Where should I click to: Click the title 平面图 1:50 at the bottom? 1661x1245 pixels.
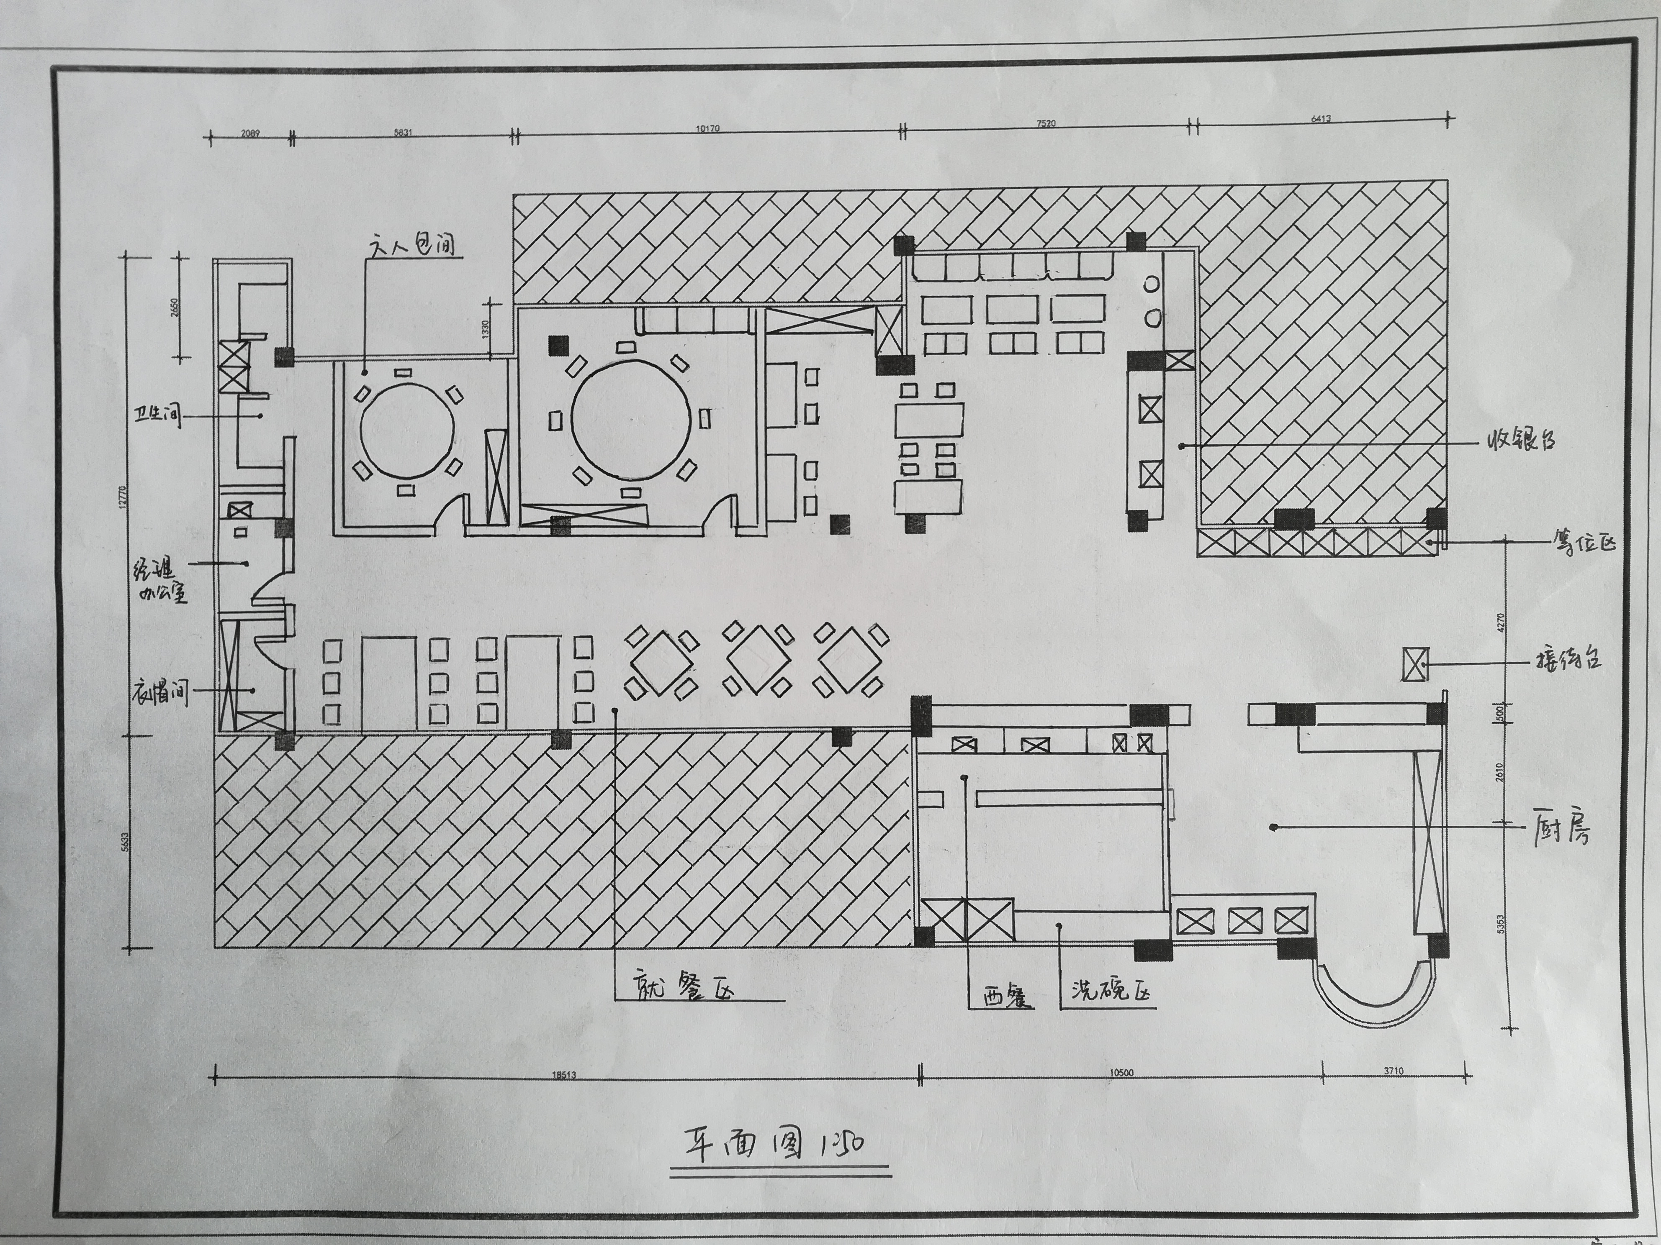pyautogui.click(x=777, y=1146)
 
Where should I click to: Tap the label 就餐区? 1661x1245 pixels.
pyautogui.click(x=682, y=985)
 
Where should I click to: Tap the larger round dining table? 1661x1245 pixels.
pyautogui.click(x=630, y=417)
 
